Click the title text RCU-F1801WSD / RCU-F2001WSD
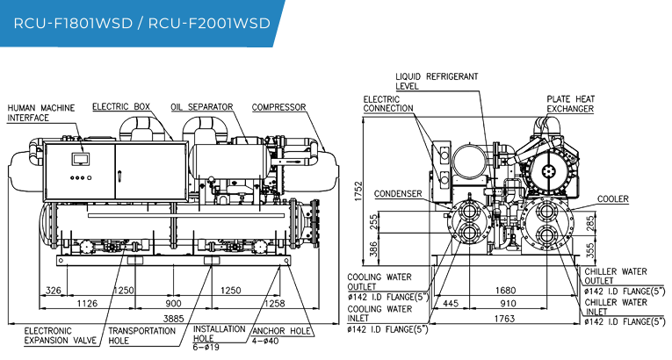pyautogui.click(x=141, y=23)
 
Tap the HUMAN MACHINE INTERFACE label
pyautogui.click(x=41, y=112)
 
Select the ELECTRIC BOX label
pyautogui.click(x=121, y=106)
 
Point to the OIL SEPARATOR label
pyautogui.click(x=202, y=107)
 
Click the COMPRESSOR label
pyautogui.click(x=279, y=107)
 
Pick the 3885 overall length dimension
pyautogui.click(x=174, y=319)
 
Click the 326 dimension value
pyautogui.click(x=53, y=291)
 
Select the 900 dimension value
pyautogui.click(x=174, y=304)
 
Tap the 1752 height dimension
pyautogui.click(x=358, y=191)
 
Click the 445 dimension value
pyautogui.click(x=451, y=304)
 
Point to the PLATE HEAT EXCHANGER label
pyautogui.click(x=570, y=104)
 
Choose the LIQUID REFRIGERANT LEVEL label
pyautogui.click(x=437, y=81)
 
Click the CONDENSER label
pyautogui.click(x=398, y=194)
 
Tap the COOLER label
pyautogui.click(x=613, y=198)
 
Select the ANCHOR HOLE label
pyautogui.click(x=282, y=331)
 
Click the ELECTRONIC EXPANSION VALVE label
pyautogui.click(x=61, y=335)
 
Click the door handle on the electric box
pyautogui.click(x=120, y=176)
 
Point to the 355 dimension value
pyautogui.click(x=590, y=250)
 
